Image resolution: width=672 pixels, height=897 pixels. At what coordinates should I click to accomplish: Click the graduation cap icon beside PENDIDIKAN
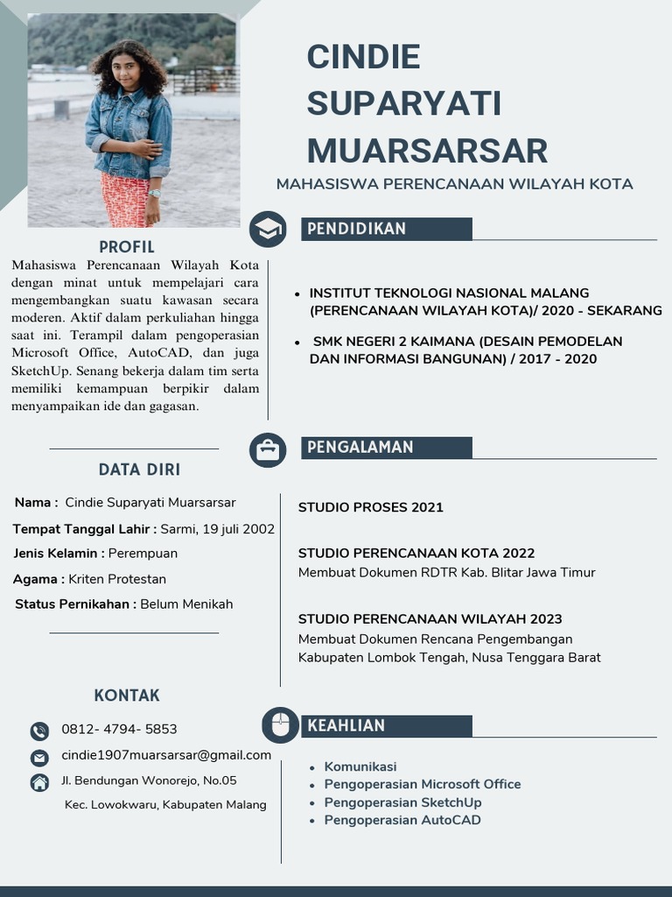tap(268, 230)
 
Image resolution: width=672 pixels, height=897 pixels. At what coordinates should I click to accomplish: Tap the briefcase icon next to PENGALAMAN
tap(268, 449)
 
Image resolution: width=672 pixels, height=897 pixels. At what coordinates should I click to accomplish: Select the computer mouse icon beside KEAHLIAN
tap(280, 725)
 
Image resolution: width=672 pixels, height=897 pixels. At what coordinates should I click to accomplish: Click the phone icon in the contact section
tap(39, 731)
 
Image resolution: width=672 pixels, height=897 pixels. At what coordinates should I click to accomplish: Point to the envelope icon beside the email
tap(39, 757)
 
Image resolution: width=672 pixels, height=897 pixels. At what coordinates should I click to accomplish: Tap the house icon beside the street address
tap(39, 782)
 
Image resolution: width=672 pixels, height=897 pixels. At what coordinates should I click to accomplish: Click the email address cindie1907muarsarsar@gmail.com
tap(166, 755)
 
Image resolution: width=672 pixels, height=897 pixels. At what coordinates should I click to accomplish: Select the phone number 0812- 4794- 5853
tap(119, 729)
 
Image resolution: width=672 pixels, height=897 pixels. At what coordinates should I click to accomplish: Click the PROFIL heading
tap(127, 247)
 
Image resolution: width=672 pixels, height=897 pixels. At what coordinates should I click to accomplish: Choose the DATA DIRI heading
tap(139, 470)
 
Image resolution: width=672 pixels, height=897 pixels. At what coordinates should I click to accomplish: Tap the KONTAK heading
tap(127, 696)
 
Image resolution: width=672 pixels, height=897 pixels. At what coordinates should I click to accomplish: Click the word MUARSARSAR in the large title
tap(427, 150)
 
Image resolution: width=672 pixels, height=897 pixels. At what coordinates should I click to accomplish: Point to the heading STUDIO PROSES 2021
tap(370, 507)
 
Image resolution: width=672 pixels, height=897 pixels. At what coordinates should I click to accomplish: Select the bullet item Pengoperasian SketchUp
tap(402, 802)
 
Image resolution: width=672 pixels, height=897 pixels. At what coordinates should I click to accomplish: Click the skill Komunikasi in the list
tap(360, 766)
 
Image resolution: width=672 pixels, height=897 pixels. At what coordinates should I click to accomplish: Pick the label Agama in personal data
tap(37, 579)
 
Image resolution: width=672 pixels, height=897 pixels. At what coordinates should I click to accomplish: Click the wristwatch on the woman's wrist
tap(155, 193)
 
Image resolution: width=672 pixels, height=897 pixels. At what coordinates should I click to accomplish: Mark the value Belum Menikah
tap(186, 604)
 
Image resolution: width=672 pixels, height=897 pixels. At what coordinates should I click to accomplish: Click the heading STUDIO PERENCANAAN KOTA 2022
tap(416, 554)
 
